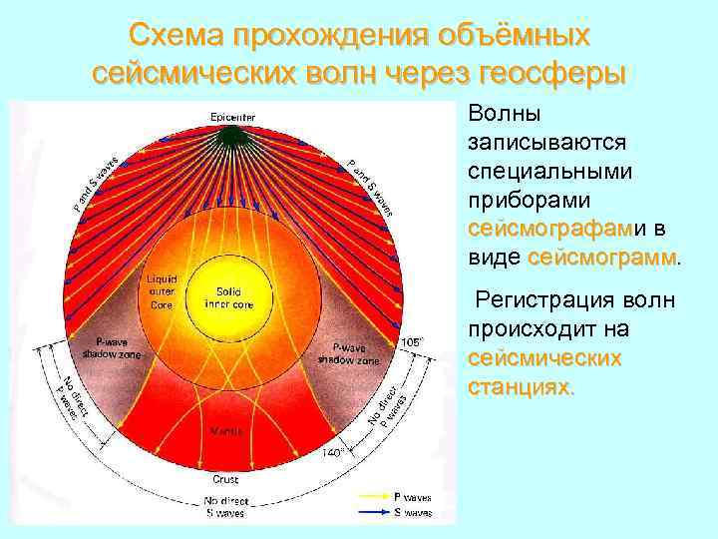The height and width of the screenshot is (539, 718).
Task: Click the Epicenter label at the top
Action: pos(232,117)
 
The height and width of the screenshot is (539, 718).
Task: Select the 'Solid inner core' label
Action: pos(229,296)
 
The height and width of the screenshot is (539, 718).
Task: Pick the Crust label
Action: pos(225,479)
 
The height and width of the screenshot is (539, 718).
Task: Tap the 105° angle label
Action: pos(412,341)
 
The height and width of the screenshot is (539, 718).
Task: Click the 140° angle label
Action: pos(332,452)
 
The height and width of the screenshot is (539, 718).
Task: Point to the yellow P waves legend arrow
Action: pos(366,495)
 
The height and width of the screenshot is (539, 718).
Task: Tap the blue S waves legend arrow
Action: pos(366,512)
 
